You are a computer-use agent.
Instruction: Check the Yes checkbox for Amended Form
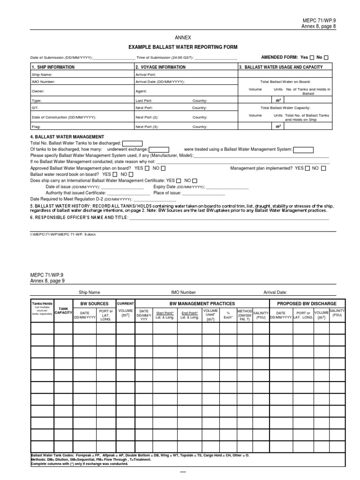click(x=312, y=58)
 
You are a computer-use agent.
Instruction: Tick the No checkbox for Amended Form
click(x=326, y=58)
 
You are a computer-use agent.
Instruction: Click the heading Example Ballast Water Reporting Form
click(x=183, y=47)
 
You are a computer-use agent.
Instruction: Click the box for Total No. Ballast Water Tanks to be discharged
click(x=132, y=143)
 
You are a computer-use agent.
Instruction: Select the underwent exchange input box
click(x=159, y=150)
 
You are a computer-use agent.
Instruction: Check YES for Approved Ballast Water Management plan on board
click(x=148, y=168)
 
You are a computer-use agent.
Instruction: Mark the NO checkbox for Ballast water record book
click(x=131, y=174)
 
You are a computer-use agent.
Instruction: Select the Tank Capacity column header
click(x=63, y=311)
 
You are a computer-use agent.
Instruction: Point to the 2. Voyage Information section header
click(x=160, y=67)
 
